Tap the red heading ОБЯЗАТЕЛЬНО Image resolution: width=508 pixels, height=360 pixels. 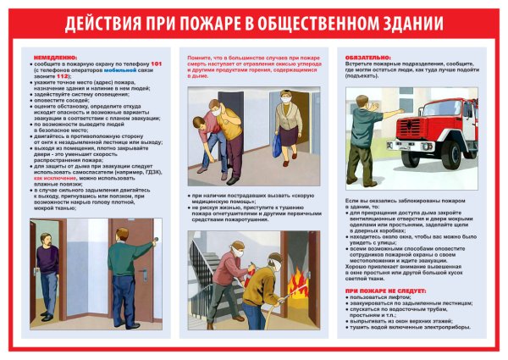368,57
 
